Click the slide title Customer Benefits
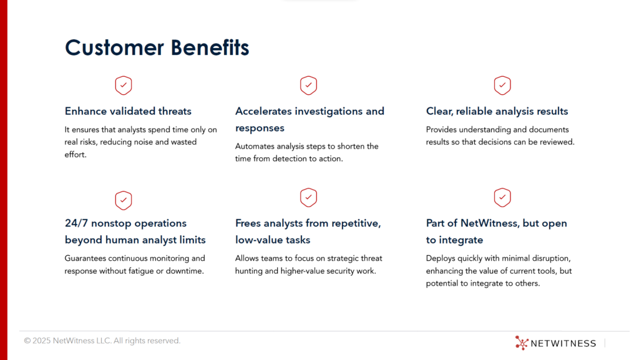[x=157, y=47]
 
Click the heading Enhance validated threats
[x=128, y=111]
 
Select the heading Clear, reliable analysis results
[x=497, y=112]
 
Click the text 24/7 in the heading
[x=76, y=223]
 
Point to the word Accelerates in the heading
[x=263, y=111]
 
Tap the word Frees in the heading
[x=248, y=223]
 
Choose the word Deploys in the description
[x=440, y=258]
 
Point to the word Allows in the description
[x=246, y=258]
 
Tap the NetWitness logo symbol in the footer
[x=522, y=343]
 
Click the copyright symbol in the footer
[x=27, y=341]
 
